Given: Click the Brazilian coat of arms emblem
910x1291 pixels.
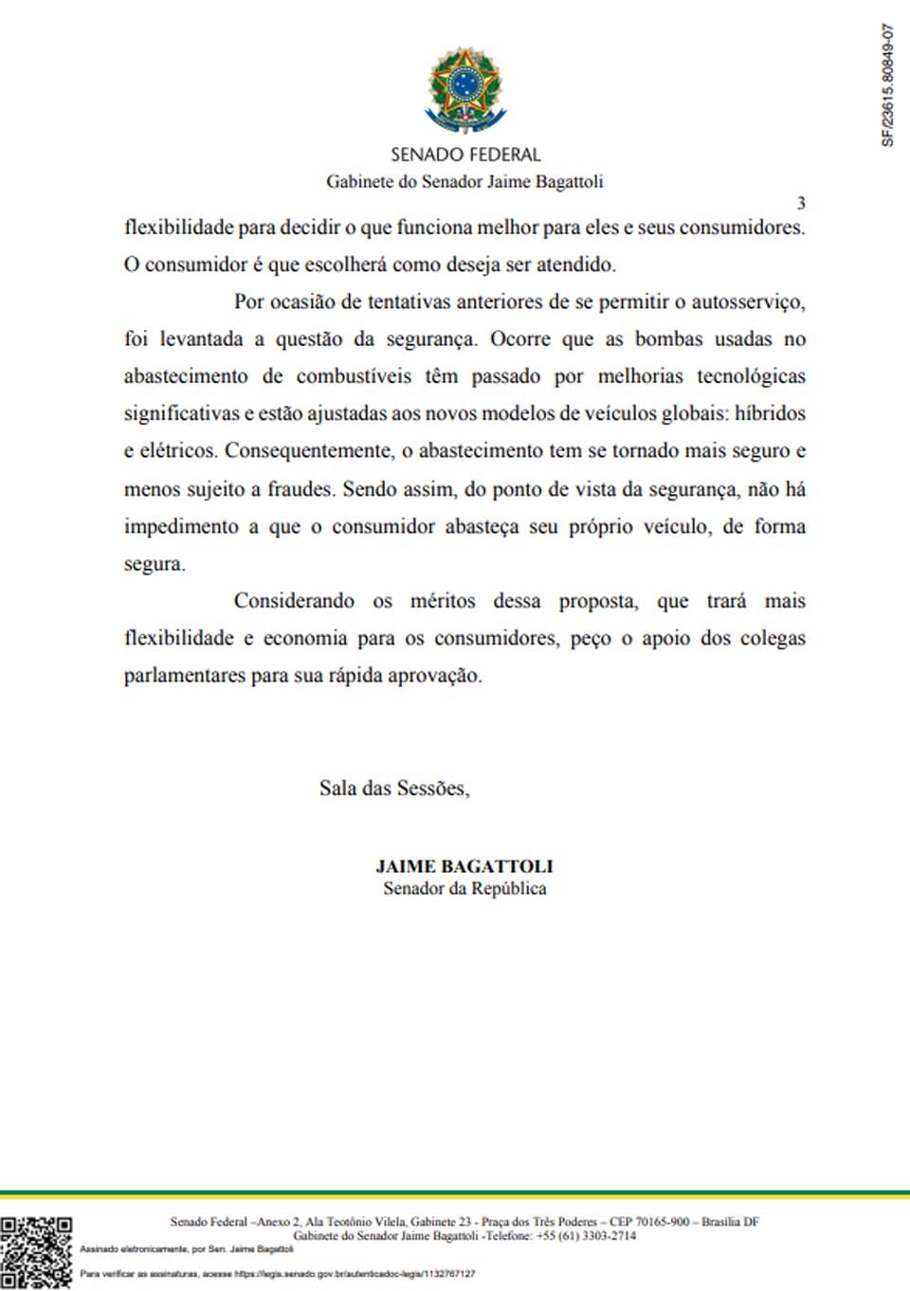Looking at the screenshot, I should (464, 90).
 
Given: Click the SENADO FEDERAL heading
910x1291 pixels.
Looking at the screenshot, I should (464, 155).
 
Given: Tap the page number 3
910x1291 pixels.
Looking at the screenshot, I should (801, 203).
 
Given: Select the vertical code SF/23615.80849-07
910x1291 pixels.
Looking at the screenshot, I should (887, 85).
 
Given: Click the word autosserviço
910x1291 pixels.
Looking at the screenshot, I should (748, 302).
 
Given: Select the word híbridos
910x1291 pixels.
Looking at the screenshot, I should (770, 413).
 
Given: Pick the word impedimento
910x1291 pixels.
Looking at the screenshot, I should (181, 526).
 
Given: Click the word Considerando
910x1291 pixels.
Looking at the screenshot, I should (294, 601).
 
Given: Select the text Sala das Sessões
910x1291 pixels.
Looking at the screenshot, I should (393, 788).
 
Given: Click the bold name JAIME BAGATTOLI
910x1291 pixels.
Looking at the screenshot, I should (464, 865).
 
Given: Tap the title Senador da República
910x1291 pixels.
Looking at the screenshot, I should (464, 888).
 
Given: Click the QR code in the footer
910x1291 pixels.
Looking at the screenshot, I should (36, 1252).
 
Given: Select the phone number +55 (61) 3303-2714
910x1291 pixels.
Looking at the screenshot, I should (586, 1236).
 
